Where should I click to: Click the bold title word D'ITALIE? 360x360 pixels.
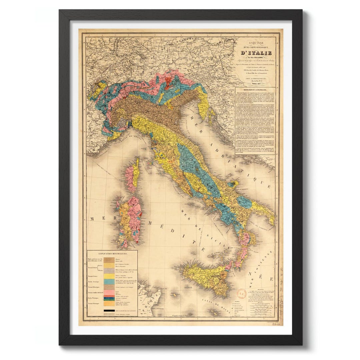[257, 53]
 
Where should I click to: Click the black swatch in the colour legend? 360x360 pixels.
[109, 310]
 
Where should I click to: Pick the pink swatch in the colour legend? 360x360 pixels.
[109, 292]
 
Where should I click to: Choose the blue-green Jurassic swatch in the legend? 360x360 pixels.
[109, 281]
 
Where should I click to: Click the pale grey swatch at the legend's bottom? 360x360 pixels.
[109, 314]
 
